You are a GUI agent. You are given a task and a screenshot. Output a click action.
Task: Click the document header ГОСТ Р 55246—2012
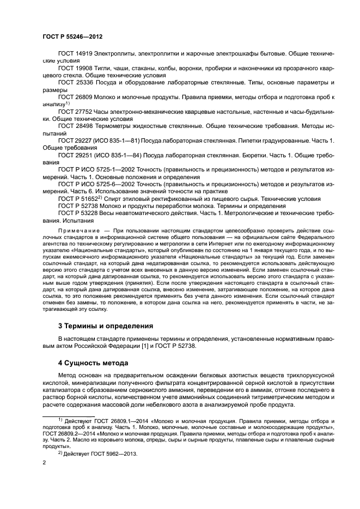(72, 36)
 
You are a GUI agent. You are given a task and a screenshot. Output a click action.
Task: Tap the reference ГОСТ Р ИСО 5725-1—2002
(93, 169)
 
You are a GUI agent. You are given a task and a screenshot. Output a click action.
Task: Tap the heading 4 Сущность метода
(93, 362)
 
